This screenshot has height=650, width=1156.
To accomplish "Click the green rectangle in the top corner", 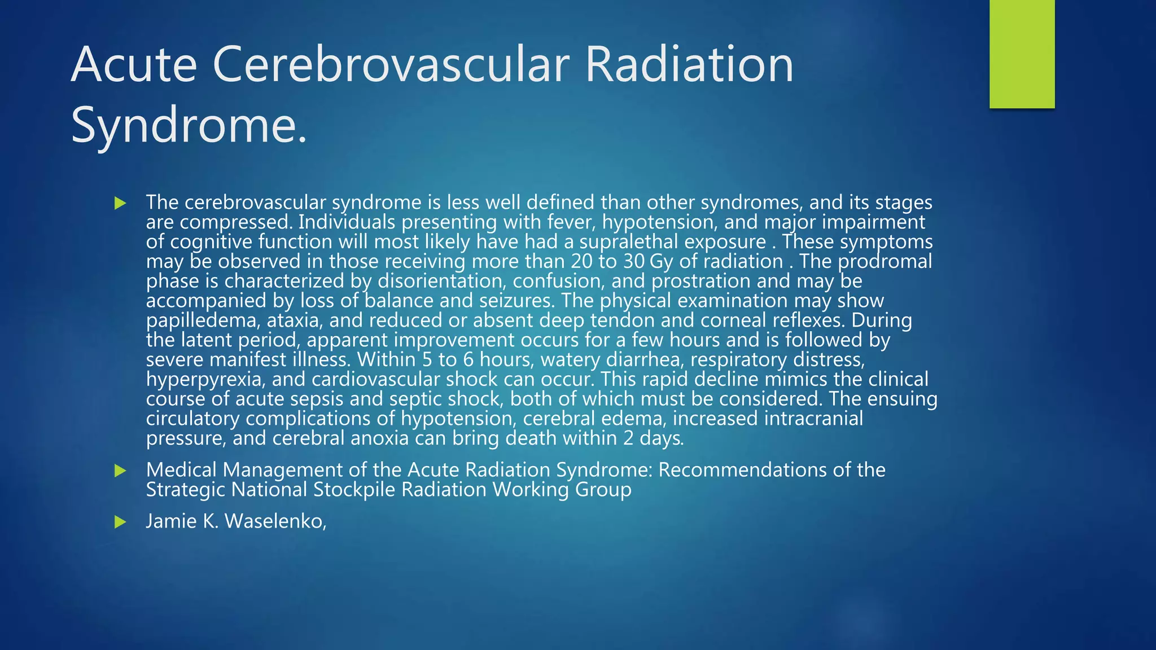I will pyautogui.click(x=1022, y=54).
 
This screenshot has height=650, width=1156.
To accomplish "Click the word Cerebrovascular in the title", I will pyautogui.click(x=391, y=65).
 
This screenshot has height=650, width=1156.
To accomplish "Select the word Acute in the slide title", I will pyautogui.click(x=134, y=65).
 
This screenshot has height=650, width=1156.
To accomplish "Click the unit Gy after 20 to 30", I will pyautogui.click(x=661, y=261).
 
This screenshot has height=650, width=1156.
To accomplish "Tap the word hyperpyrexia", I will pyautogui.click(x=205, y=379).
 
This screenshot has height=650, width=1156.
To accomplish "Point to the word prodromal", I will pyautogui.click(x=884, y=261).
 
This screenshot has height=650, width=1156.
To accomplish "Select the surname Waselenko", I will pyautogui.click(x=275, y=521).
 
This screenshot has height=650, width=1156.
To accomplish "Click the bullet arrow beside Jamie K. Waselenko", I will pyautogui.click(x=120, y=522).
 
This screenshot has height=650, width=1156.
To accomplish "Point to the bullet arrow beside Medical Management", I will pyautogui.click(x=120, y=471).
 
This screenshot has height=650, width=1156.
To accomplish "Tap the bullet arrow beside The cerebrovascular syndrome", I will pyautogui.click(x=120, y=203).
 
